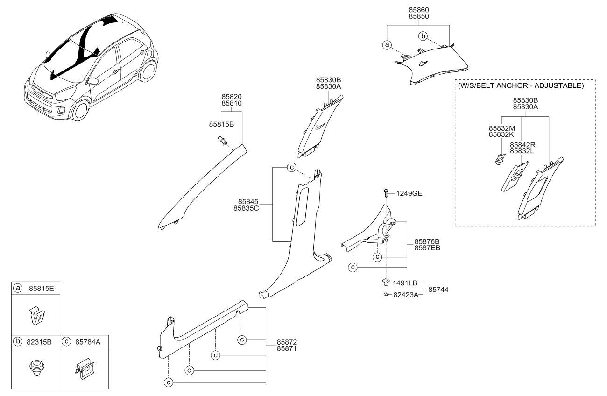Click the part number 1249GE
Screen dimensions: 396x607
[x=409, y=193]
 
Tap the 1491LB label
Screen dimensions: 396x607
[x=405, y=283]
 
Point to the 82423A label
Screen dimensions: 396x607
[x=405, y=294]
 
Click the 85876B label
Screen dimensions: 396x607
[x=427, y=241]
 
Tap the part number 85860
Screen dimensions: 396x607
[x=419, y=9]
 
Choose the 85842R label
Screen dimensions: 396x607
[x=522, y=145]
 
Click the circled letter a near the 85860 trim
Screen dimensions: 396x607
[x=386, y=45]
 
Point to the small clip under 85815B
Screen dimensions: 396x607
[x=223, y=140]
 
